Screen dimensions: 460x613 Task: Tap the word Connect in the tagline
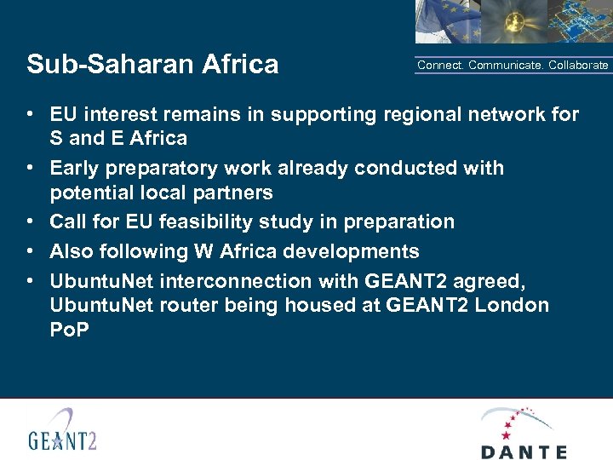(x=439, y=66)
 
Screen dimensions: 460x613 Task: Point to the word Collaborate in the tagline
(x=578, y=66)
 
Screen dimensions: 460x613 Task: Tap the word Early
(x=74, y=168)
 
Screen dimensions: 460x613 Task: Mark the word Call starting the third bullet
(x=67, y=221)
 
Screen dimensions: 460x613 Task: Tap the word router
(x=192, y=305)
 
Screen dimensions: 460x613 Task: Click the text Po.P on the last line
(x=70, y=329)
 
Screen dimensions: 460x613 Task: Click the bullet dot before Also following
(x=30, y=251)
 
